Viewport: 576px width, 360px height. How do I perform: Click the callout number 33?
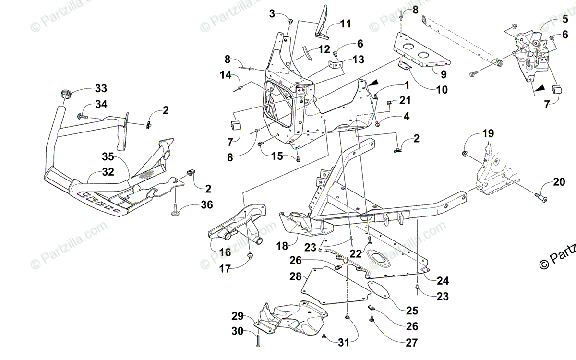(x=100, y=88)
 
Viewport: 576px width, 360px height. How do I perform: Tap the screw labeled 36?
(x=176, y=209)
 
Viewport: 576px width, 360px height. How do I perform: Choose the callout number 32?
(x=108, y=171)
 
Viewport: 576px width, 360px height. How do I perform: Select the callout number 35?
(x=108, y=156)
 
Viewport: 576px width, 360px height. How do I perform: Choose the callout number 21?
(x=406, y=100)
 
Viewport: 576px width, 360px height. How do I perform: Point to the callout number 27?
(x=411, y=343)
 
